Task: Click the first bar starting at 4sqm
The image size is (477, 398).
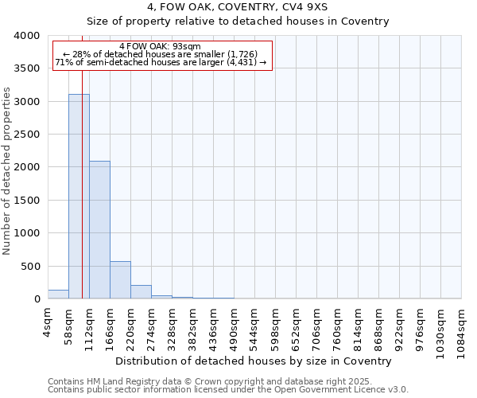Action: coord(58,295)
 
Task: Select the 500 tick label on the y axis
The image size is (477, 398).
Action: coord(29,267)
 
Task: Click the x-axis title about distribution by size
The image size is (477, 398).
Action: coord(248,361)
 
